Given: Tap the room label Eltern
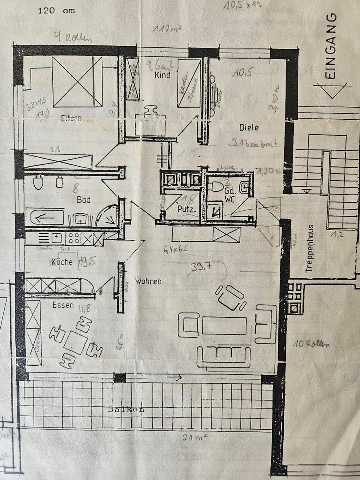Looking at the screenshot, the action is (x=71, y=119).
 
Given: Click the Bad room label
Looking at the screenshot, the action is (x=82, y=199).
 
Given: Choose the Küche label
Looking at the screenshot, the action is (x=62, y=262).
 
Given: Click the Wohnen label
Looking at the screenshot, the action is (x=148, y=281).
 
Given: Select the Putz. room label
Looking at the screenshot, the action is (x=186, y=209).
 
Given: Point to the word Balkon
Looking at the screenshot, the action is (x=127, y=410).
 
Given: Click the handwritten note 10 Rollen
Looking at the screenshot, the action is (x=312, y=344).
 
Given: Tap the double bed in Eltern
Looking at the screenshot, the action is (x=77, y=81).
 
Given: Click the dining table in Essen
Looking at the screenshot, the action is (x=77, y=342).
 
